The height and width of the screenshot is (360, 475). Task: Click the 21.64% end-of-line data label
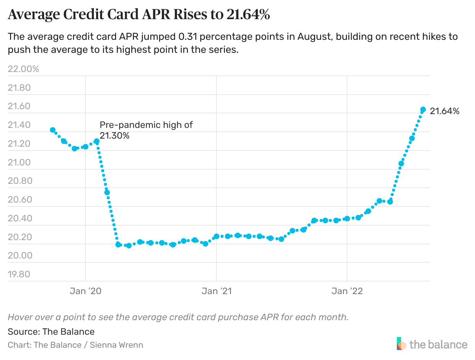(x=444, y=111)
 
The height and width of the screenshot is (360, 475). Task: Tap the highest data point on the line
(x=423, y=110)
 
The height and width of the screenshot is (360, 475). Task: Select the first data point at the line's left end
(x=53, y=130)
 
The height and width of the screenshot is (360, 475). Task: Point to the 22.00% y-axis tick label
(x=23, y=69)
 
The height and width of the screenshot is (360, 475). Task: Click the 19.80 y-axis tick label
(x=19, y=274)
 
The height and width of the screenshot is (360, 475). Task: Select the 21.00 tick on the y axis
(x=19, y=162)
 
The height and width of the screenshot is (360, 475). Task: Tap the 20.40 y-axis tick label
(x=19, y=218)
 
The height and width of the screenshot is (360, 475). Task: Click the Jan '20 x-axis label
(x=85, y=291)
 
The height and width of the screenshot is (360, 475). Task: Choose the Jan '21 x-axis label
(x=216, y=291)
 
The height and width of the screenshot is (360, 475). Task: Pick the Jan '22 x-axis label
(x=347, y=291)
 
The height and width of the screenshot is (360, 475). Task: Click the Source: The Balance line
(x=51, y=331)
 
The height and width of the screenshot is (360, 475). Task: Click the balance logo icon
(x=401, y=344)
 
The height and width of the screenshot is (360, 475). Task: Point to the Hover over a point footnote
(x=178, y=317)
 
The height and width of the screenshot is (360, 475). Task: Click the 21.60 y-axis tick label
(x=19, y=106)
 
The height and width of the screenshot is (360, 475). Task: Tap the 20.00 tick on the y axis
(x=19, y=255)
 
